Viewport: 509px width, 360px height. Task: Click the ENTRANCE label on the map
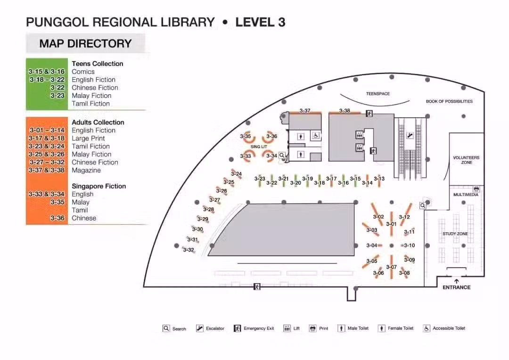(456, 287)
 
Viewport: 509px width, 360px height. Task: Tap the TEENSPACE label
(378, 94)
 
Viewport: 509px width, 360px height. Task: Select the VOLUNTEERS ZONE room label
(466, 160)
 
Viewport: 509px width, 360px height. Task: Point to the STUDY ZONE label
(455, 234)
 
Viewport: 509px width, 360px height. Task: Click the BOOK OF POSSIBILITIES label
(449, 101)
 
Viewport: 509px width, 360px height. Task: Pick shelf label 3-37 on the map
(305, 111)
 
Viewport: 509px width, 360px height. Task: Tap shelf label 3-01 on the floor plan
(391, 224)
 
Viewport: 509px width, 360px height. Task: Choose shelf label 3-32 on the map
(188, 250)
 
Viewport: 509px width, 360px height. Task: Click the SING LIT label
(259, 147)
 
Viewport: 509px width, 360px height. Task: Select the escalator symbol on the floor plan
(410, 135)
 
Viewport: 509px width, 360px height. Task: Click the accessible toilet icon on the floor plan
(315, 136)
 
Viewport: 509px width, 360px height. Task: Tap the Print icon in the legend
(312, 328)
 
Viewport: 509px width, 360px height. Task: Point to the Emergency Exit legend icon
(237, 328)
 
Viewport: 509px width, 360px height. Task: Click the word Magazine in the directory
(86, 171)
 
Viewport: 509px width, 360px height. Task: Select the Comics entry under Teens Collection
(83, 72)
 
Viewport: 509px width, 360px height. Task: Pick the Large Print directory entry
(88, 138)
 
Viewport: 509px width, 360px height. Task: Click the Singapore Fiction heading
(99, 186)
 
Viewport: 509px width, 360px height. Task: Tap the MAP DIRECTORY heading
(85, 43)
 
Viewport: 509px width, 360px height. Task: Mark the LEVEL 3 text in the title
(260, 22)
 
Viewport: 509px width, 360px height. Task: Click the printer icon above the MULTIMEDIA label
(476, 189)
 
